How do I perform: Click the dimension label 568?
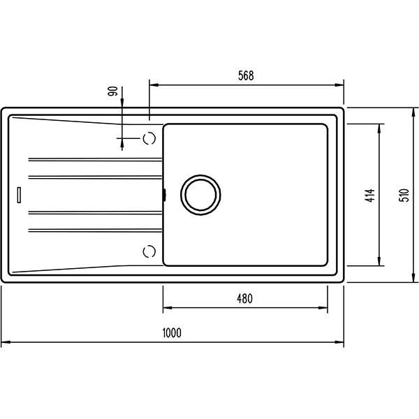pyautogui.click(x=246, y=75)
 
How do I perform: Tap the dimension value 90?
pyautogui.click(x=112, y=91)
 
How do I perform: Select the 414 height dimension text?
pyautogui.click(x=370, y=196)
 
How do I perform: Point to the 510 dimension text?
pyautogui.click(x=404, y=196)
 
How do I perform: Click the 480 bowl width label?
pyautogui.click(x=245, y=298)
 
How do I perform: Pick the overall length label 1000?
pyautogui.click(x=172, y=333)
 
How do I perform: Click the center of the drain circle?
pyautogui.click(x=200, y=195)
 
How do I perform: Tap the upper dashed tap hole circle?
pyautogui.click(x=149, y=138)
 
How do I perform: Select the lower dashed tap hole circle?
pyautogui.click(x=149, y=251)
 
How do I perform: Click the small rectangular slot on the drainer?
pyautogui.click(x=19, y=195)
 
